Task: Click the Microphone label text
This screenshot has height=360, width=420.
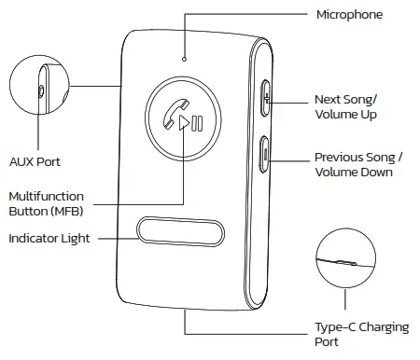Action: pos(349,15)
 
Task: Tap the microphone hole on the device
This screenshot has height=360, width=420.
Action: pos(185,59)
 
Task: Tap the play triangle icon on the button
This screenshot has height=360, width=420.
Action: pos(186,123)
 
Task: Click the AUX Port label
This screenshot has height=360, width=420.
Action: pos(35,161)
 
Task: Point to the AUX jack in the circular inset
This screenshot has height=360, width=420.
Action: pos(40,90)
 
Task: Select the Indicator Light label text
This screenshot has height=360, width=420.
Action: pos(49,239)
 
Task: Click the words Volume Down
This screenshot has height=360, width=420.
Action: pos(353,173)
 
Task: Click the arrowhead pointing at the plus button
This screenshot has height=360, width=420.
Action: pos(271,97)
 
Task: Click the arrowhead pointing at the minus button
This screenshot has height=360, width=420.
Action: pos(272,156)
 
